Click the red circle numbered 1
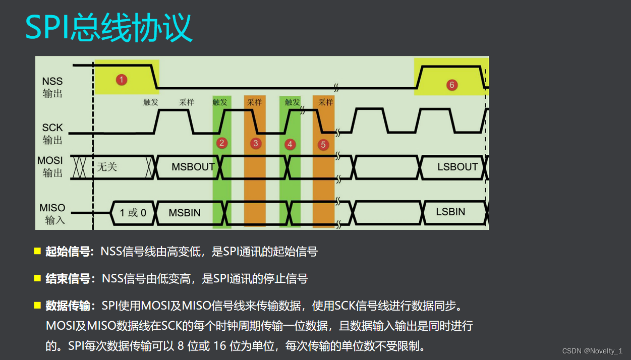tap(121, 79)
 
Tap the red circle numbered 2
tap(221, 143)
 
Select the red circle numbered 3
tap(256, 144)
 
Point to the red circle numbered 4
tap(290, 144)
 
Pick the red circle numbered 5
tap(323, 145)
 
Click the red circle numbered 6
tap(451, 85)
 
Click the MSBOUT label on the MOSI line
tap(193, 167)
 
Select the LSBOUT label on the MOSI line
tap(457, 167)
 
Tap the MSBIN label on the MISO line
tap(185, 213)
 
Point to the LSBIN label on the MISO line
tap(450, 212)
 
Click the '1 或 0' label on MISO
tap(133, 213)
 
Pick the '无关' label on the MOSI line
tap(107, 166)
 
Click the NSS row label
tap(52, 87)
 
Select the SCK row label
tap(52, 134)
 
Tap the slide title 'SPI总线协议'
tap(109, 28)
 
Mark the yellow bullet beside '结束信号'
tap(37, 278)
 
